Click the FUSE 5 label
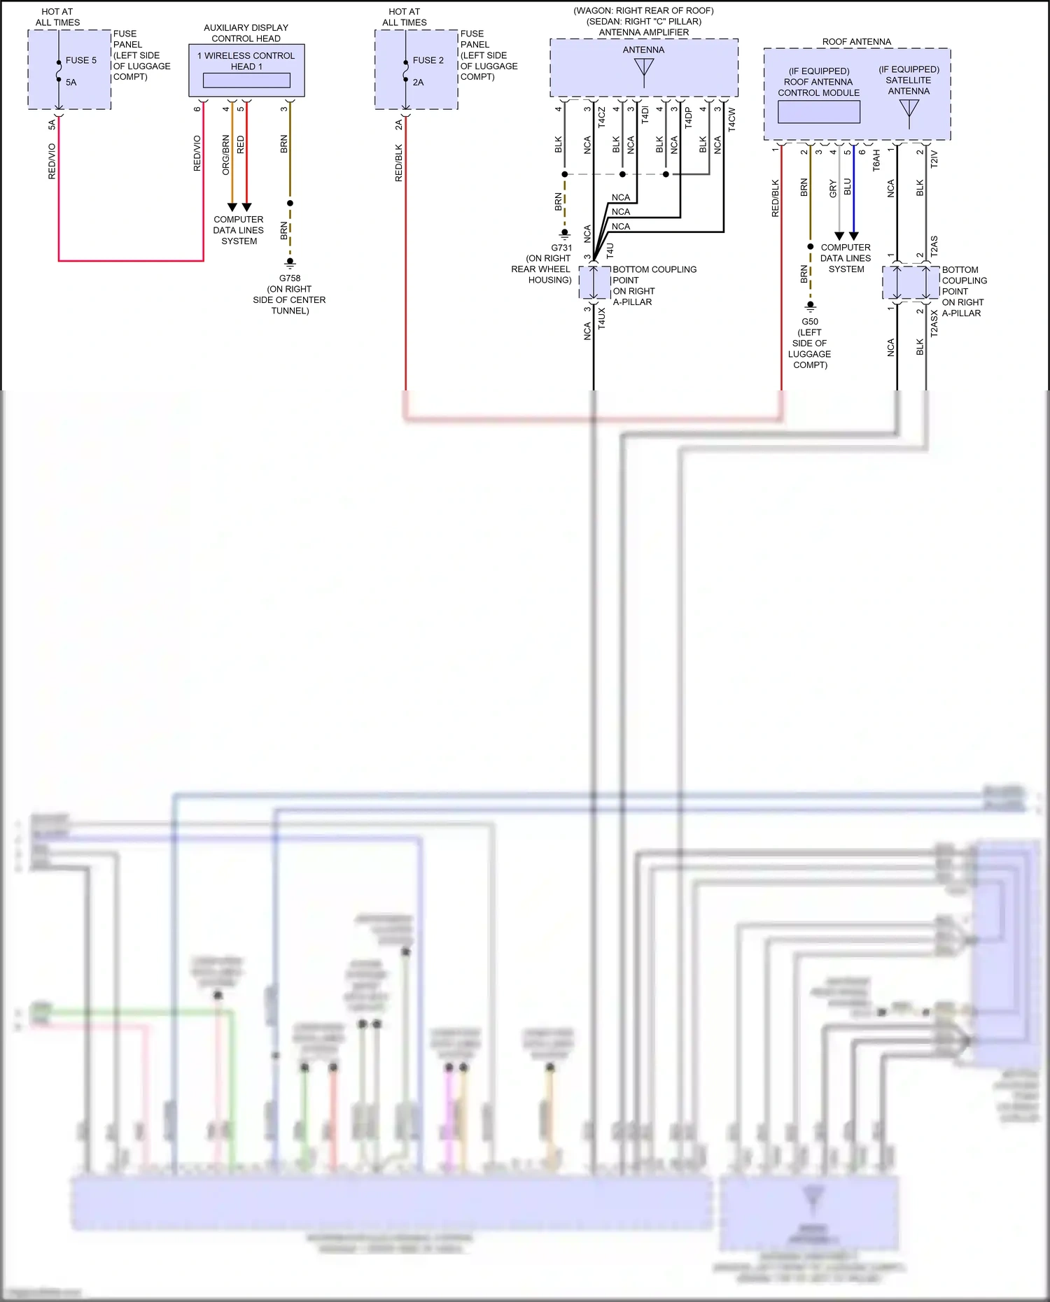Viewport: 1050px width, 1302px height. coord(81,60)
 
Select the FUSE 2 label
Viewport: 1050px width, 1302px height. coord(428,60)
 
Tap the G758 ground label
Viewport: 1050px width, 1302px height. coord(289,278)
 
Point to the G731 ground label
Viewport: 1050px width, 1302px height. coord(561,248)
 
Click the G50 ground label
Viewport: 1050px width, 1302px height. coord(810,322)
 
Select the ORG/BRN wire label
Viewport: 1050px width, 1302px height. coord(225,155)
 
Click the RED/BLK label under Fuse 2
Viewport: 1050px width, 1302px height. coord(399,163)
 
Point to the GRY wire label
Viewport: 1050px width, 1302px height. coord(833,187)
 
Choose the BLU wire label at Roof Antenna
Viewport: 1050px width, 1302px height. coord(848,187)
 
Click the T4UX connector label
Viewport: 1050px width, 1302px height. coord(602,318)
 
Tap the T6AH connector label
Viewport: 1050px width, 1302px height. coord(876,160)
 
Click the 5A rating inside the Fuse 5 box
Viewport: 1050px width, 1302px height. coord(71,82)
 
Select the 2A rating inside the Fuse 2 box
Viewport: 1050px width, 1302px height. coord(418,82)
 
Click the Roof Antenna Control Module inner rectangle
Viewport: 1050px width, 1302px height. coord(818,112)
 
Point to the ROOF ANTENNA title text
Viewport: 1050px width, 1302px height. coord(856,42)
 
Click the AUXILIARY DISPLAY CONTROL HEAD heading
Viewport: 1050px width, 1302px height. coord(246,33)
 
